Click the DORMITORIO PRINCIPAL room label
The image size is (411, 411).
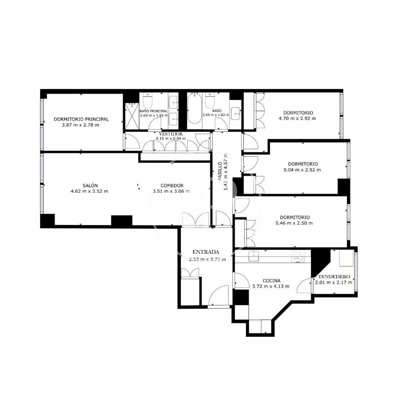pyautogui.click(x=81, y=119)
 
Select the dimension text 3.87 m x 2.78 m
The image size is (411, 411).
pyautogui.click(x=80, y=125)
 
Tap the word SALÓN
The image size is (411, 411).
pyautogui.click(x=90, y=185)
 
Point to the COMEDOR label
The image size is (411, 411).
pyautogui.click(x=172, y=185)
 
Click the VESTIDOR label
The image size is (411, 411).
pyautogui.click(x=170, y=134)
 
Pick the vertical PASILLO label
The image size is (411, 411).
pyautogui.click(x=220, y=171)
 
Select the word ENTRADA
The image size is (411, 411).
pyautogui.click(x=206, y=252)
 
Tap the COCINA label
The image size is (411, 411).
pyautogui.click(x=271, y=281)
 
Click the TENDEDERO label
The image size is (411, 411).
pyautogui.click(x=334, y=276)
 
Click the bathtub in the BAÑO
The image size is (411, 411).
pyautogui.click(x=195, y=108)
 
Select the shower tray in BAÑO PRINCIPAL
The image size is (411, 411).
pyautogui.click(x=132, y=116)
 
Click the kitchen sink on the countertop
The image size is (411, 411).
pyautogui.click(x=254, y=256)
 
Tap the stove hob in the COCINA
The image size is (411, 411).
pyautogui.click(x=298, y=256)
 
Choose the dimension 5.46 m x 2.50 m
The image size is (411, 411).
pyautogui.click(x=294, y=223)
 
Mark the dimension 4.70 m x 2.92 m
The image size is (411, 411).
pyautogui.click(x=297, y=119)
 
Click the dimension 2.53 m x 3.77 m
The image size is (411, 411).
pyautogui.click(x=207, y=260)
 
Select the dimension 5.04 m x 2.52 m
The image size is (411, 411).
pyautogui.click(x=302, y=170)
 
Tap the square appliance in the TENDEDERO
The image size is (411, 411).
pyautogui.click(x=346, y=258)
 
